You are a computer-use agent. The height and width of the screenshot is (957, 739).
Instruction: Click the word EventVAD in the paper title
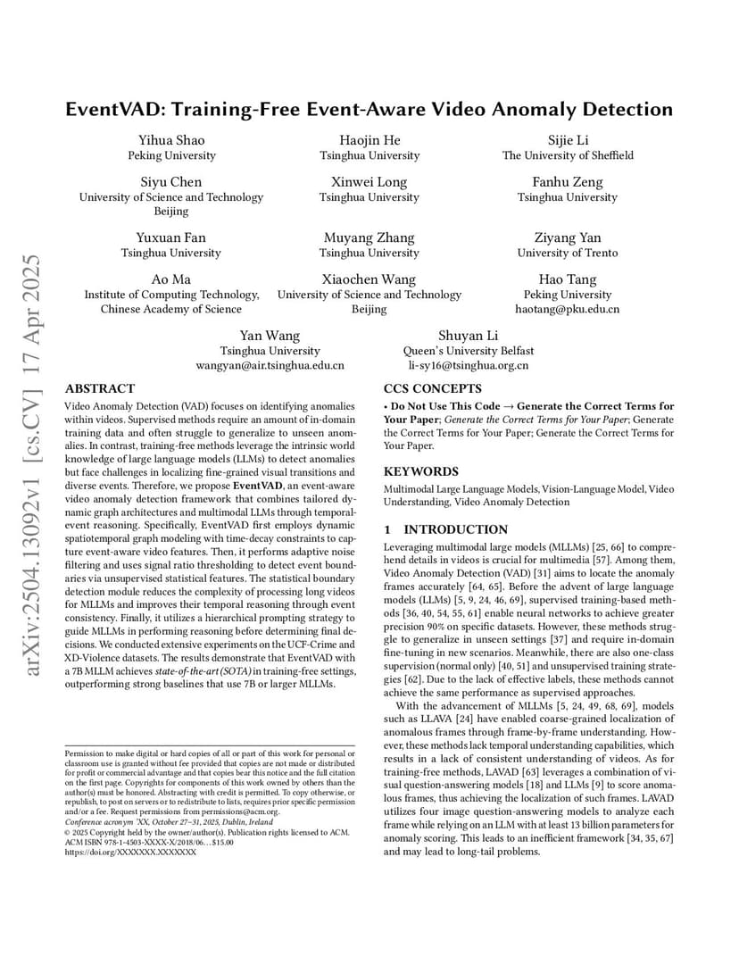click(x=120, y=110)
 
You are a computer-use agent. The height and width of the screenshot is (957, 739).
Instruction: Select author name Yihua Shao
click(x=171, y=140)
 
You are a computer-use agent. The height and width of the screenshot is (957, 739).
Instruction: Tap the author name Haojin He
click(x=369, y=140)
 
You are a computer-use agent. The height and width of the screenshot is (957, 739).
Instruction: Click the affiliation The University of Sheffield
click(x=568, y=155)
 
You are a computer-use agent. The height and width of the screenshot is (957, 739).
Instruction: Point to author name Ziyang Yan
click(x=568, y=237)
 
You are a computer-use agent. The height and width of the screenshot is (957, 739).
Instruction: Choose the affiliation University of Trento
click(x=568, y=253)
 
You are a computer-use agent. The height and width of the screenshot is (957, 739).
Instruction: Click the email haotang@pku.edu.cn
click(x=568, y=309)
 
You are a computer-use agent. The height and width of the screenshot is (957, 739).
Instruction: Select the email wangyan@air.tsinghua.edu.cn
click(x=270, y=365)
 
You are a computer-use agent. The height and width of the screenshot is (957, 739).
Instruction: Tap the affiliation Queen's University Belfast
click(x=469, y=351)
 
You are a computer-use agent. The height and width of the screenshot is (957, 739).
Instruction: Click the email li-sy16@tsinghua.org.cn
click(x=469, y=365)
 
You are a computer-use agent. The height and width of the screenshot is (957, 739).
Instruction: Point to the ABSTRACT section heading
click(x=100, y=389)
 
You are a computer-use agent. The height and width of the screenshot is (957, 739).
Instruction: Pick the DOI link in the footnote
click(x=131, y=853)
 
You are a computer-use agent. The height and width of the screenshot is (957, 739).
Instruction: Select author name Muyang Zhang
click(x=369, y=237)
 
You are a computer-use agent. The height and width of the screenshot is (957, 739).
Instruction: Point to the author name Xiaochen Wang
click(x=369, y=279)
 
